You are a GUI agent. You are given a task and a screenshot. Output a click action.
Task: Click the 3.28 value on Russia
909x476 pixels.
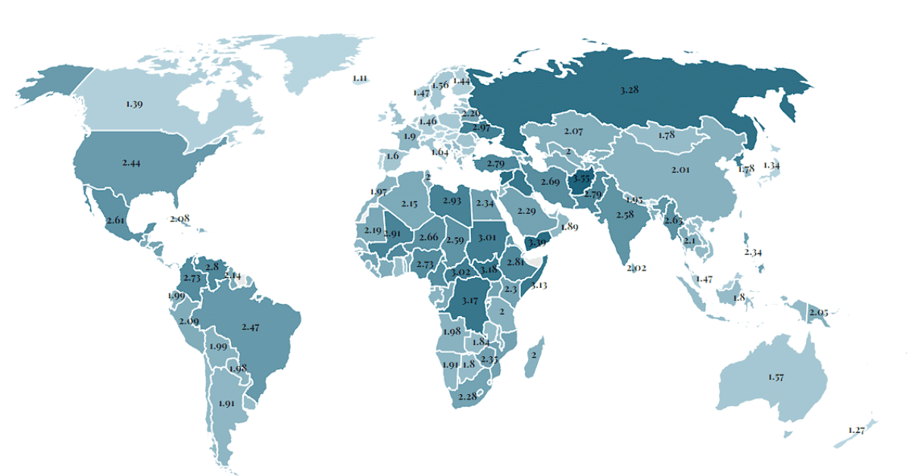[629, 90]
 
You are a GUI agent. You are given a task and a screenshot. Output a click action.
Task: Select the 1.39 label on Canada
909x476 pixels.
[134, 104]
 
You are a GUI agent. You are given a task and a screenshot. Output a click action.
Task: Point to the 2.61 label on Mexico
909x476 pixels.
[115, 220]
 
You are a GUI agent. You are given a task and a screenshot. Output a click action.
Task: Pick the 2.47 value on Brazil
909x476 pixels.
[251, 327]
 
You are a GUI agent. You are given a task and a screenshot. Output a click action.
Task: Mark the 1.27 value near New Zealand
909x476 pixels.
[857, 431]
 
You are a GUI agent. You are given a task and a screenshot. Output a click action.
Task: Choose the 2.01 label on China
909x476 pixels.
[680, 170]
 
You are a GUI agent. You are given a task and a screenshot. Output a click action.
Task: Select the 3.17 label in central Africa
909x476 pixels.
[469, 301]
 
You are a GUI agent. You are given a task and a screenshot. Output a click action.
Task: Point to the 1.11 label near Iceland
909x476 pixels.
[360, 78]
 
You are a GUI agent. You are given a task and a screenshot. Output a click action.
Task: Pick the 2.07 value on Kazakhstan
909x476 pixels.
[573, 132]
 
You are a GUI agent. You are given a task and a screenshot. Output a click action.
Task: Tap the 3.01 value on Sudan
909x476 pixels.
[487, 238]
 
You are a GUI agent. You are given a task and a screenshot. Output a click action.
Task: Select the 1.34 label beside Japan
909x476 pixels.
[771, 165]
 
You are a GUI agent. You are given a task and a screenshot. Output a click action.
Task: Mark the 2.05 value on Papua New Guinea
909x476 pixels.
[818, 312]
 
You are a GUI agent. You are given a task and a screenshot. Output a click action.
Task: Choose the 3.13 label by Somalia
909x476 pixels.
[539, 286]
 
